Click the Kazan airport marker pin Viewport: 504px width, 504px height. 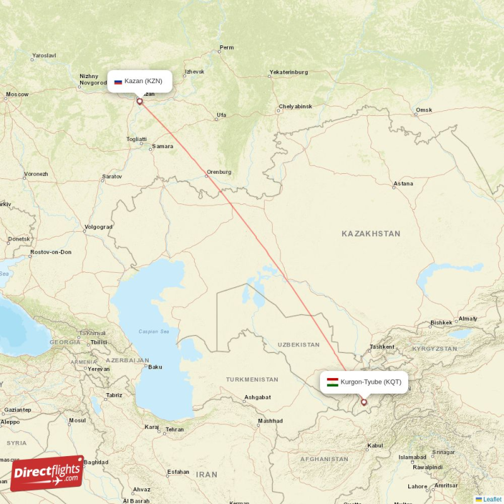140,101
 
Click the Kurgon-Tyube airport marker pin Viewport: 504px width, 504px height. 364,402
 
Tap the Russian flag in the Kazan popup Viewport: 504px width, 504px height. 118,81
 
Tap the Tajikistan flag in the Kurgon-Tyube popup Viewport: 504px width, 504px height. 332,382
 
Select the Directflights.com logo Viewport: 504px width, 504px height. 47,473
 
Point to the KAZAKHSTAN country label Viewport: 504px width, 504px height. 370,234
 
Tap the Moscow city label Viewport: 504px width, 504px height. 17,94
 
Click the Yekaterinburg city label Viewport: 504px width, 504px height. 289,72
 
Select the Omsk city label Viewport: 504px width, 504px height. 424,110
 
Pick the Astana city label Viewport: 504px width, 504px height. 403,184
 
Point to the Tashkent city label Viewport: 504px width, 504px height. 382,347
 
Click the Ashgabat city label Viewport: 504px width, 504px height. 258,398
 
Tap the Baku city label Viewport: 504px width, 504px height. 155,367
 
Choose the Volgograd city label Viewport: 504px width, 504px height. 98,227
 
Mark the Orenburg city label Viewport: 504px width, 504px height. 219,172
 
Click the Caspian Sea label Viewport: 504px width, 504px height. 155,331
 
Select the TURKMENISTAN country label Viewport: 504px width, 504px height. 252,380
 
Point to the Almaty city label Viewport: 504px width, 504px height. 468,319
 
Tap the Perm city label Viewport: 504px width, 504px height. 226,48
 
